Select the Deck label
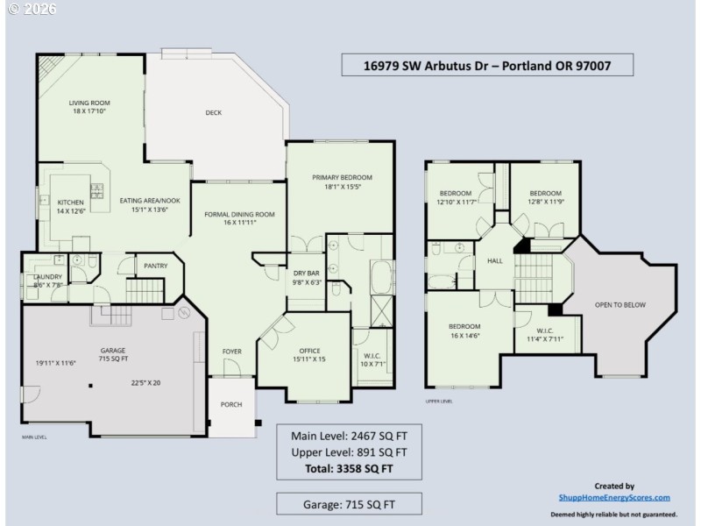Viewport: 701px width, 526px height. [x=213, y=112]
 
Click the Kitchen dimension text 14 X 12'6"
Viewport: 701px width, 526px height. [x=71, y=210]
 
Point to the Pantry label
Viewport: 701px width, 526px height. [x=155, y=265]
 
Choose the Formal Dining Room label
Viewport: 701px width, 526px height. [x=239, y=214]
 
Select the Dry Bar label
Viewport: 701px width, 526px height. [x=306, y=273]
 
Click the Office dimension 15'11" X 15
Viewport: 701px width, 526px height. [x=309, y=359]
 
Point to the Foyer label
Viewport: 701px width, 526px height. [x=231, y=352]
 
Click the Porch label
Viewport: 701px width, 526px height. [x=231, y=404]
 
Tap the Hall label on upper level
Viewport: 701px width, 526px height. [x=494, y=260]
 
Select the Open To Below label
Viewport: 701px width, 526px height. [x=620, y=305]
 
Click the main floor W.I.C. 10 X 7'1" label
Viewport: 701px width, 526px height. [x=372, y=359]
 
